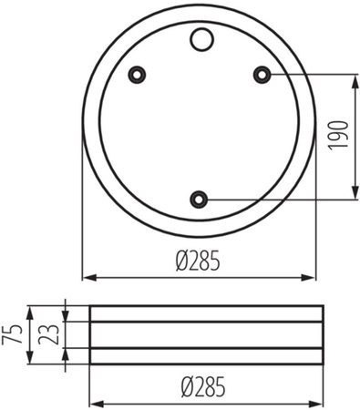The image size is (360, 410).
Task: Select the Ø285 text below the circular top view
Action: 200,261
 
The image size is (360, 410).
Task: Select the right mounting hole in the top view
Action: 261,73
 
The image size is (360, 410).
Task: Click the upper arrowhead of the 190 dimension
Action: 353,77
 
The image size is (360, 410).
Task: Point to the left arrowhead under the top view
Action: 88,277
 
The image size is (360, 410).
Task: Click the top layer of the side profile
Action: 206,313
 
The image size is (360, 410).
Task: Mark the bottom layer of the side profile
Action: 206,358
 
